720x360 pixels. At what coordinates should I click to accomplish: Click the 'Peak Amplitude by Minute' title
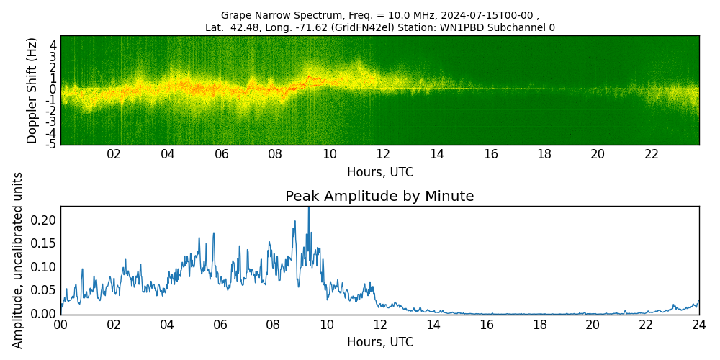click(379, 197)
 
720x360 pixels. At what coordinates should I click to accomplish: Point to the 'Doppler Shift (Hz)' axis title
click(32, 90)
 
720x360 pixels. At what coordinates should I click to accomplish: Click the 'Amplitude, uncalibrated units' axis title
click(18, 260)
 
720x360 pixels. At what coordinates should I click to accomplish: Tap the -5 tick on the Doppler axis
click(52, 144)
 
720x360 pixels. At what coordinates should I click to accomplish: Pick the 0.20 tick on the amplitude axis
click(43, 220)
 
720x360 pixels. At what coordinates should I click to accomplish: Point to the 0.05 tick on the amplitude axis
click(43, 290)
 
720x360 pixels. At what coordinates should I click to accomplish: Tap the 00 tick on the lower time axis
click(60, 325)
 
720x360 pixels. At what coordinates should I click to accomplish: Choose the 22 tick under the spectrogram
click(652, 155)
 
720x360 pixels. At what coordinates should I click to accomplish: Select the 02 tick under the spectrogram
click(114, 155)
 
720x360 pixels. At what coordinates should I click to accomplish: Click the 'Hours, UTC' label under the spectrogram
click(379, 173)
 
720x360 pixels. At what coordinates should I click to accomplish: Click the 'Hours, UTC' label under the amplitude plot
click(379, 343)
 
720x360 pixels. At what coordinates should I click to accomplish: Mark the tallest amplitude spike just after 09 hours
click(309, 210)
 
